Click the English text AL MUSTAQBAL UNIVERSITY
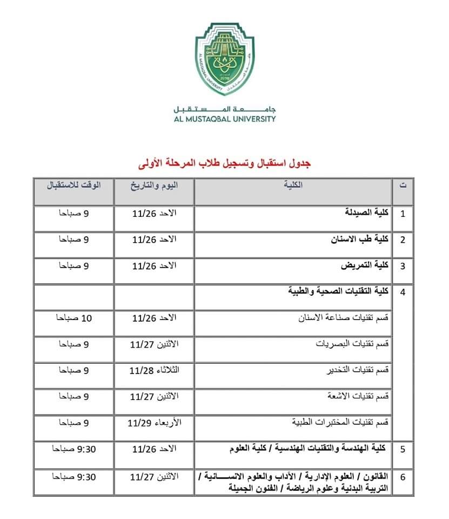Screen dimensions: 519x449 [x=224, y=118]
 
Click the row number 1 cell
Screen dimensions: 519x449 [x=403, y=213]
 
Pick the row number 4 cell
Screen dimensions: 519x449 [x=403, y=292]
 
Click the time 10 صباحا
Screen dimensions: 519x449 [x=74, y=318]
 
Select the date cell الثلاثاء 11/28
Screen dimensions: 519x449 [x=154, y=370]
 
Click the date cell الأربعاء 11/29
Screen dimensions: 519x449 [x=154, y=423]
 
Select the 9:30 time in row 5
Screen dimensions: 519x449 [x=74, y=449]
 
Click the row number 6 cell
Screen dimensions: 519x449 [x=403, y=477]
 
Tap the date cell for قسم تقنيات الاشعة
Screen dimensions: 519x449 [x=154, y=397]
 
